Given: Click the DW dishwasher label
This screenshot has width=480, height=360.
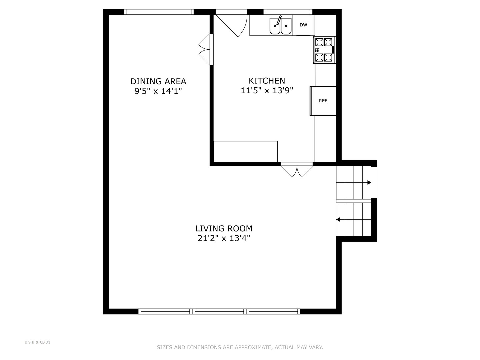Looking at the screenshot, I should point(303,25).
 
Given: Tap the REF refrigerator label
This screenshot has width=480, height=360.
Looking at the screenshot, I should point(323,101).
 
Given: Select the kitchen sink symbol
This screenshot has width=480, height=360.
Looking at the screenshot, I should point(280,26).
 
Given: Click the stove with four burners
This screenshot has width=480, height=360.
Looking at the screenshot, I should point(324,50).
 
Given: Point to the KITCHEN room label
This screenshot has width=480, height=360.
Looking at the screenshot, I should point(267,81).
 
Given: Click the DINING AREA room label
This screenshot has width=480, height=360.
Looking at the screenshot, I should point(158,81).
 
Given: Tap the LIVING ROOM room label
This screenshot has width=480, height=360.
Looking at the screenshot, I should point(224,229).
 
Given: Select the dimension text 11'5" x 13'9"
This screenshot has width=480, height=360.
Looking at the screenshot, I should point(267,91).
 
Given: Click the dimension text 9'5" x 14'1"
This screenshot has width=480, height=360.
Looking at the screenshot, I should point(158,91).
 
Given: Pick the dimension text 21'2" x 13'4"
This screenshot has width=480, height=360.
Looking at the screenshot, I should point(224,238).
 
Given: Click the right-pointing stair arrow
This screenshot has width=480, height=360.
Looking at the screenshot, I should point(369,182).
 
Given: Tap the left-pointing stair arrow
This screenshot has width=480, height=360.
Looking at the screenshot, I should point(338,219).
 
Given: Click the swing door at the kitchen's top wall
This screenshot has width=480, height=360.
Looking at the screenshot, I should point(233,23).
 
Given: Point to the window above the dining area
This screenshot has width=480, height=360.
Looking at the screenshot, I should point(159,12).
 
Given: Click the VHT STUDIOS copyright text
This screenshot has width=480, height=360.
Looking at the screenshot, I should point(37,342).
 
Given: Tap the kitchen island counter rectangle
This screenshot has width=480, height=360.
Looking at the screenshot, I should point(245,151).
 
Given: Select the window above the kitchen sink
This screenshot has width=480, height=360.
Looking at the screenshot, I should point(288,12).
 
